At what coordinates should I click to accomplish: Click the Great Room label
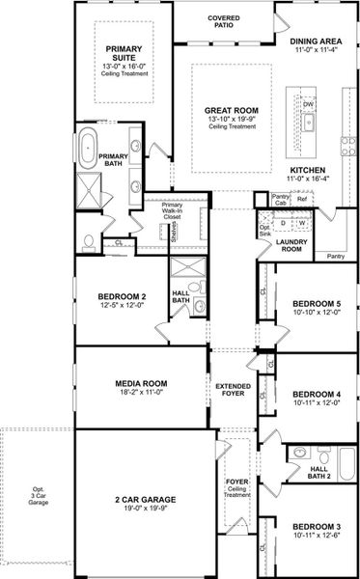[231, 112]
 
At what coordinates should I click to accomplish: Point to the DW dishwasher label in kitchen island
[309, 104]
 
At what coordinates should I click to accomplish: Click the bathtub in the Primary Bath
[87, 149]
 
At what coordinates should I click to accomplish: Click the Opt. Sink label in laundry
[264, 233]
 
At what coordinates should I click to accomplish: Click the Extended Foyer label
[233, 390]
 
